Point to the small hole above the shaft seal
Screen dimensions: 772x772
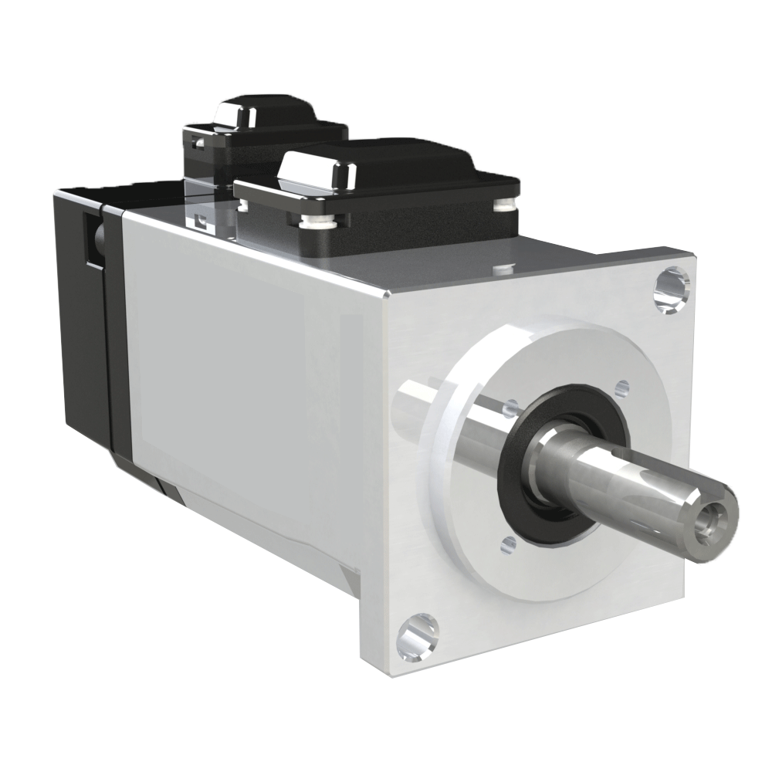point(621,386)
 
